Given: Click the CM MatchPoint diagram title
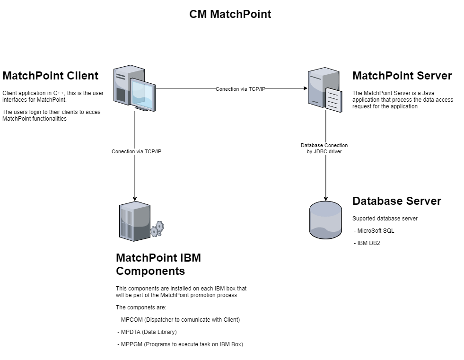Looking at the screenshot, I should tap(230, 14).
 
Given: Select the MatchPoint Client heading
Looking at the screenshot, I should tap(51, 76).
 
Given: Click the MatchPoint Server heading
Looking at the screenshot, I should tap(402, 76).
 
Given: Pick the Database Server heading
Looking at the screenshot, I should tap(397, 201).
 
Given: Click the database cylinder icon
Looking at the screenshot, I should tap(325, 220).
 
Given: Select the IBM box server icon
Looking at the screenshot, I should tap(135, 221).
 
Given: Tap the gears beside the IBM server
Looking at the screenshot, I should tap(158, 229).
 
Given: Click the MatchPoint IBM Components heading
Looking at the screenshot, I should tap(158, 264).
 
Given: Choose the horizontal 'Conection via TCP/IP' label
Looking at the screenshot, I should tap(240, 89).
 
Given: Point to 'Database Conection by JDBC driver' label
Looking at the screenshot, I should tap(324, 149).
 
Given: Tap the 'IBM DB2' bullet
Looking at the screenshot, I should tap(368, 243).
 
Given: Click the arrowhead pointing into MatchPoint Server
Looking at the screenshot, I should tap(305, 88).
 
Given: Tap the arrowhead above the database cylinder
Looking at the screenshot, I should tap(325, 198).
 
